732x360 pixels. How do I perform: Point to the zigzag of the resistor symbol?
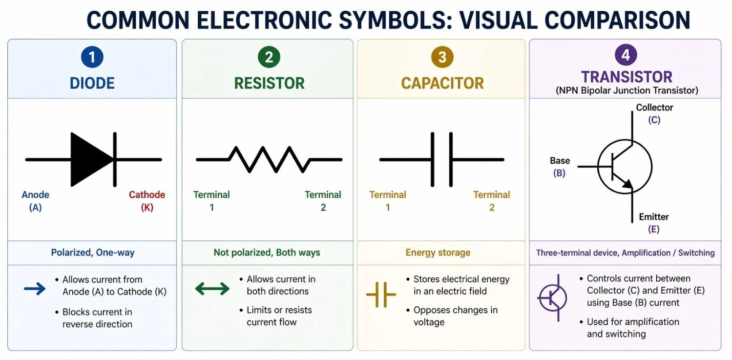(x=269, y=159)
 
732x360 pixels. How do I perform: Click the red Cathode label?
(x=147, y=195)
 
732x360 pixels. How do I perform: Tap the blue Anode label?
(x=36, y=195)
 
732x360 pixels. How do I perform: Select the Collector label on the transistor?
(x=654, y=107)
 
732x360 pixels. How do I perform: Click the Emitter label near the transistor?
(x=654, y=217)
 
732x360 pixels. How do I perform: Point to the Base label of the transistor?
(x=560, y=161)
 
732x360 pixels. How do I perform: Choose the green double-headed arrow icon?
(x=212, y=289)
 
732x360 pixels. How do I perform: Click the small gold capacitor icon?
(x=381, y=295)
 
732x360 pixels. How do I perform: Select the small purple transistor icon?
(x=553, y=297)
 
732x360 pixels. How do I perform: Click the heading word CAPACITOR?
(x=442, y=83)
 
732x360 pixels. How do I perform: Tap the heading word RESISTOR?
(x=269, y=83)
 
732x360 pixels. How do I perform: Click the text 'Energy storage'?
(x=438, y=253)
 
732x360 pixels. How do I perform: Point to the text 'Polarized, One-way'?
(x=93, y=253)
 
